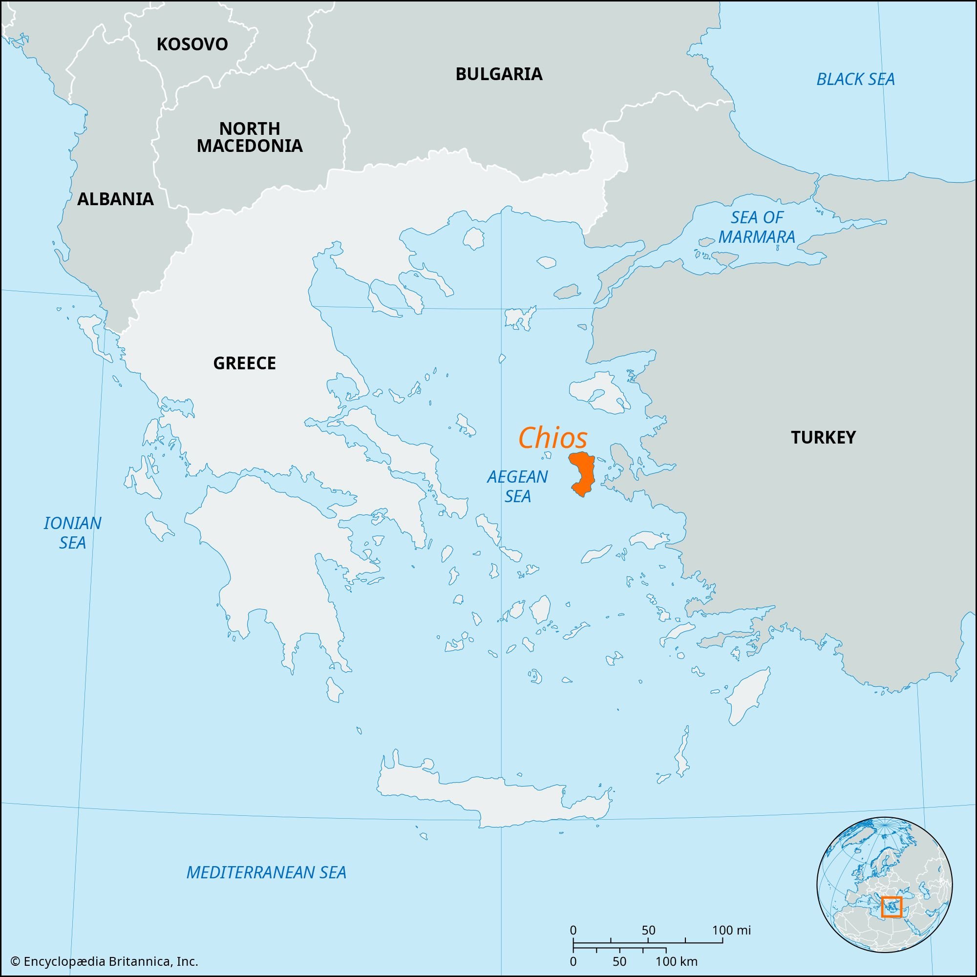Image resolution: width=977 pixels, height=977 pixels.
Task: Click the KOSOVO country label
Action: (x=192, y=44)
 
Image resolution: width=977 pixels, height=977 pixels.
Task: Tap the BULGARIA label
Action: (x=499, y=74)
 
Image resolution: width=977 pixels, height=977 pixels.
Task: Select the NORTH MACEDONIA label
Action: (x=249, y=137)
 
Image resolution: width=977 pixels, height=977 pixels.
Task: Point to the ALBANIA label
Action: (x=115, y=199)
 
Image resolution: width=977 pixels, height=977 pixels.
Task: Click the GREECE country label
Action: (x=244, y=363)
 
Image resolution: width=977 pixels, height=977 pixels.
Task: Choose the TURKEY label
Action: (x=823, y=437)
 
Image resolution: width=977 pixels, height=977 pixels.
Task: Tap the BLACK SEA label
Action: (x=856, y=80)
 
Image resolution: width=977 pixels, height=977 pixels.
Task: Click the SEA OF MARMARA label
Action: (x=757, y=227)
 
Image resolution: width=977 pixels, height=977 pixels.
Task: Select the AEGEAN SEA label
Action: (x=517, y=486)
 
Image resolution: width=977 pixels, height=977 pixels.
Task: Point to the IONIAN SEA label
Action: (x=72, y=532)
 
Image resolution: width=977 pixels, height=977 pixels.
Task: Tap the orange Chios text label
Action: (x=552, y=438)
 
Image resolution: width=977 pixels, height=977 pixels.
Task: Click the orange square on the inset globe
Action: (x=891, y=907)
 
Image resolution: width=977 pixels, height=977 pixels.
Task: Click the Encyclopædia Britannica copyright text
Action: (x=104, y=961)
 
